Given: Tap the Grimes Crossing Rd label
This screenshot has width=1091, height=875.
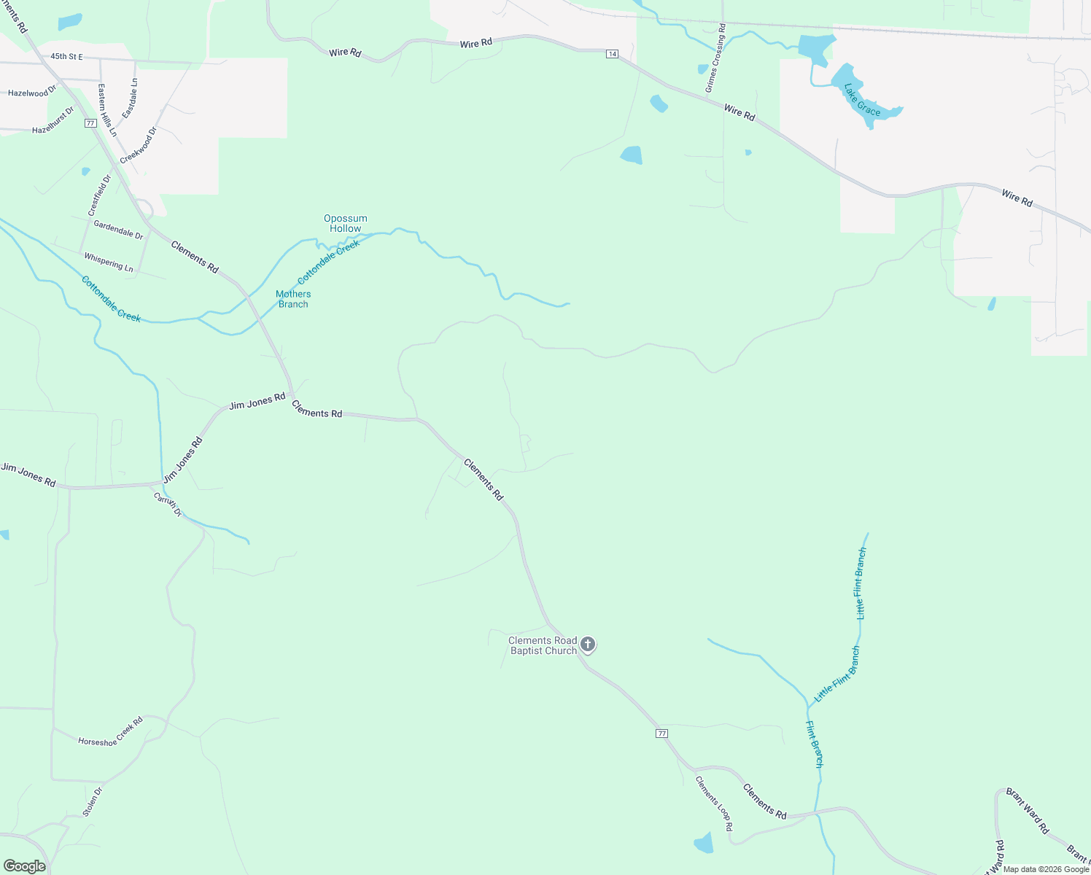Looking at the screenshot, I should [x=715, y=58].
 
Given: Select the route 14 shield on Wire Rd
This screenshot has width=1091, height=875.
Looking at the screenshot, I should [x=612, y=54].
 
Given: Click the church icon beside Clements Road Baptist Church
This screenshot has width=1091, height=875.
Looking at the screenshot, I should [x=588, y=645].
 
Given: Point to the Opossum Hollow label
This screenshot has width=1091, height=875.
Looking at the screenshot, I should [x=346, y=223].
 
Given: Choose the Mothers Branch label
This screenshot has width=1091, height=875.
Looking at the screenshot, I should [x=293, y=299].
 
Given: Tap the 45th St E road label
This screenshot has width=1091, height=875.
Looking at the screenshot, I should [x=66, y=56].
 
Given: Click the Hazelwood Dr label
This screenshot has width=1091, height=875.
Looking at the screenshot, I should [x=32, y=92].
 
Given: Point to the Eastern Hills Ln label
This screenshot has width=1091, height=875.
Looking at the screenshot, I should [x=107, y=110].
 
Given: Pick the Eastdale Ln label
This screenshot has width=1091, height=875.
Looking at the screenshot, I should [x=130, y=98].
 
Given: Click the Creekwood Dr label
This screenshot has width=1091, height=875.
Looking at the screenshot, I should [x=139, y=145].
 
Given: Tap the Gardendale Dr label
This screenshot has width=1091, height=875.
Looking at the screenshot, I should [x=118, y=230].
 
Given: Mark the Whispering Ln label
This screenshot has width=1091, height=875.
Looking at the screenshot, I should [x=109, y=262].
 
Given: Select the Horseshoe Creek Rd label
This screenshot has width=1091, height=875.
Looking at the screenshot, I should [x=110, y=731].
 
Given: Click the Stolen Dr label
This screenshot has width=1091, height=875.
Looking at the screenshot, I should [x=93, y=801].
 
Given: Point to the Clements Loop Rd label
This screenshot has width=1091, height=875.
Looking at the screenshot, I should [x=713, y=804].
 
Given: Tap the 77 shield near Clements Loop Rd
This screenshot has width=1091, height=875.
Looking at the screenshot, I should [x=661, y=734].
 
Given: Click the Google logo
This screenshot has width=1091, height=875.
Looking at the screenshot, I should [x=25, y=866].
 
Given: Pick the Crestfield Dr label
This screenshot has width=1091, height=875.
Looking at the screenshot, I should [x=100, y=195].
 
